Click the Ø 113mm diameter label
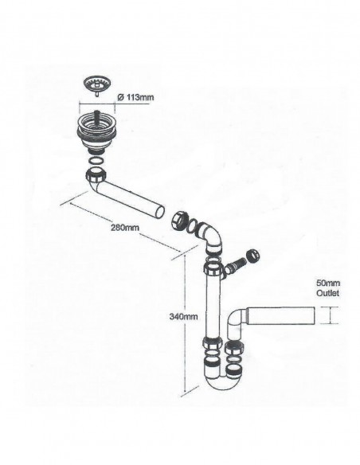136,97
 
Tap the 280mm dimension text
125,228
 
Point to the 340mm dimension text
183,316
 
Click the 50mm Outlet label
328,288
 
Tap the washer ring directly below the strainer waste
96,162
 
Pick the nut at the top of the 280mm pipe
96,174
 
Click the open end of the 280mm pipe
160,213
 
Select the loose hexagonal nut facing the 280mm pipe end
179,221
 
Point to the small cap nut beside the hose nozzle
253,256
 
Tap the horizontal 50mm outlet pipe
280,316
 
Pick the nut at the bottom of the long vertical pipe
213,342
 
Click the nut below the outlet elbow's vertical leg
235,347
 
